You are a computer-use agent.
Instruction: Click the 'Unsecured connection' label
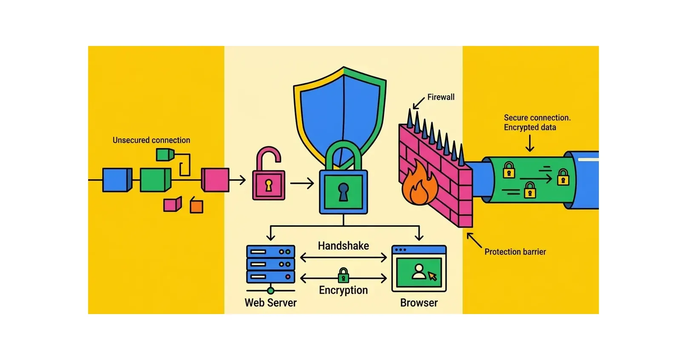click(151, 140)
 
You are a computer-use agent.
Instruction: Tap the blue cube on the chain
click(116, 180)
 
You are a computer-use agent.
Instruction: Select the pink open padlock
click(269, 179)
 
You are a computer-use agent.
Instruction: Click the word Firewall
click(441, 97)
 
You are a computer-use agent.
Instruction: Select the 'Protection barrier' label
click(515, 251)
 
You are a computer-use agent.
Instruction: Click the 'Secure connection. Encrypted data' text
click(536, 122)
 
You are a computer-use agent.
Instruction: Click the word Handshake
click(343, 246)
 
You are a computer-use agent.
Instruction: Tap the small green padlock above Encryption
click(343, 276)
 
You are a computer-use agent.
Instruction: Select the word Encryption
click(343, 290)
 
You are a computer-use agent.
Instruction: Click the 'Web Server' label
click(270, 303)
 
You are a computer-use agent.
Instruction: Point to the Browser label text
click(418, 303)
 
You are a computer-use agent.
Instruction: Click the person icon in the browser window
click(419, 272)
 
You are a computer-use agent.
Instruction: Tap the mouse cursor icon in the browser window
click(432, 277)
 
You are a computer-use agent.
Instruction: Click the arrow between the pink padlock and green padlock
click(302, 183)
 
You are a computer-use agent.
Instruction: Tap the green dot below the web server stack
click(270, 291)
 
